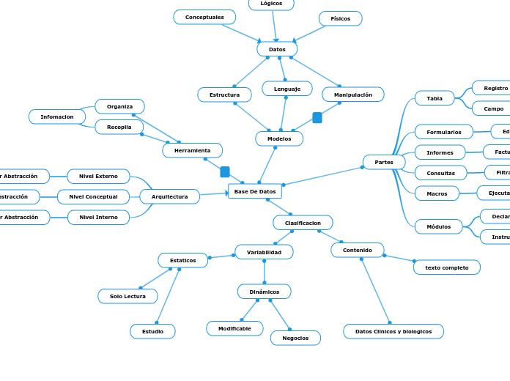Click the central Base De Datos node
tap(255, 191)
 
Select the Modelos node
tap(279, 138)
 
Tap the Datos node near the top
tap(277, 49)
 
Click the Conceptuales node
tap(204, 17)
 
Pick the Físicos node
tap(340, 18)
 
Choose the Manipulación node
tap(352, 95)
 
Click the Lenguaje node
tap(287, 89)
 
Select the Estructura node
tap(224, 95)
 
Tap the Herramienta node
tap(192, 150)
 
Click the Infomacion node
tap(57, 116)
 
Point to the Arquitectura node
tap(169, 196)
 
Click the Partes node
tap(384, 162)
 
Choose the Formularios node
tap(444, 132)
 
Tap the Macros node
tap(437, 193)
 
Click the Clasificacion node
tap(303, 223)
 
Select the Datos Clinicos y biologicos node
tap(393, 331)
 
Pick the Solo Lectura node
tap(127, 296)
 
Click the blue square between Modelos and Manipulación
tap(317, 117)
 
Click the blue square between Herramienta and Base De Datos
tap(225, 171)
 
